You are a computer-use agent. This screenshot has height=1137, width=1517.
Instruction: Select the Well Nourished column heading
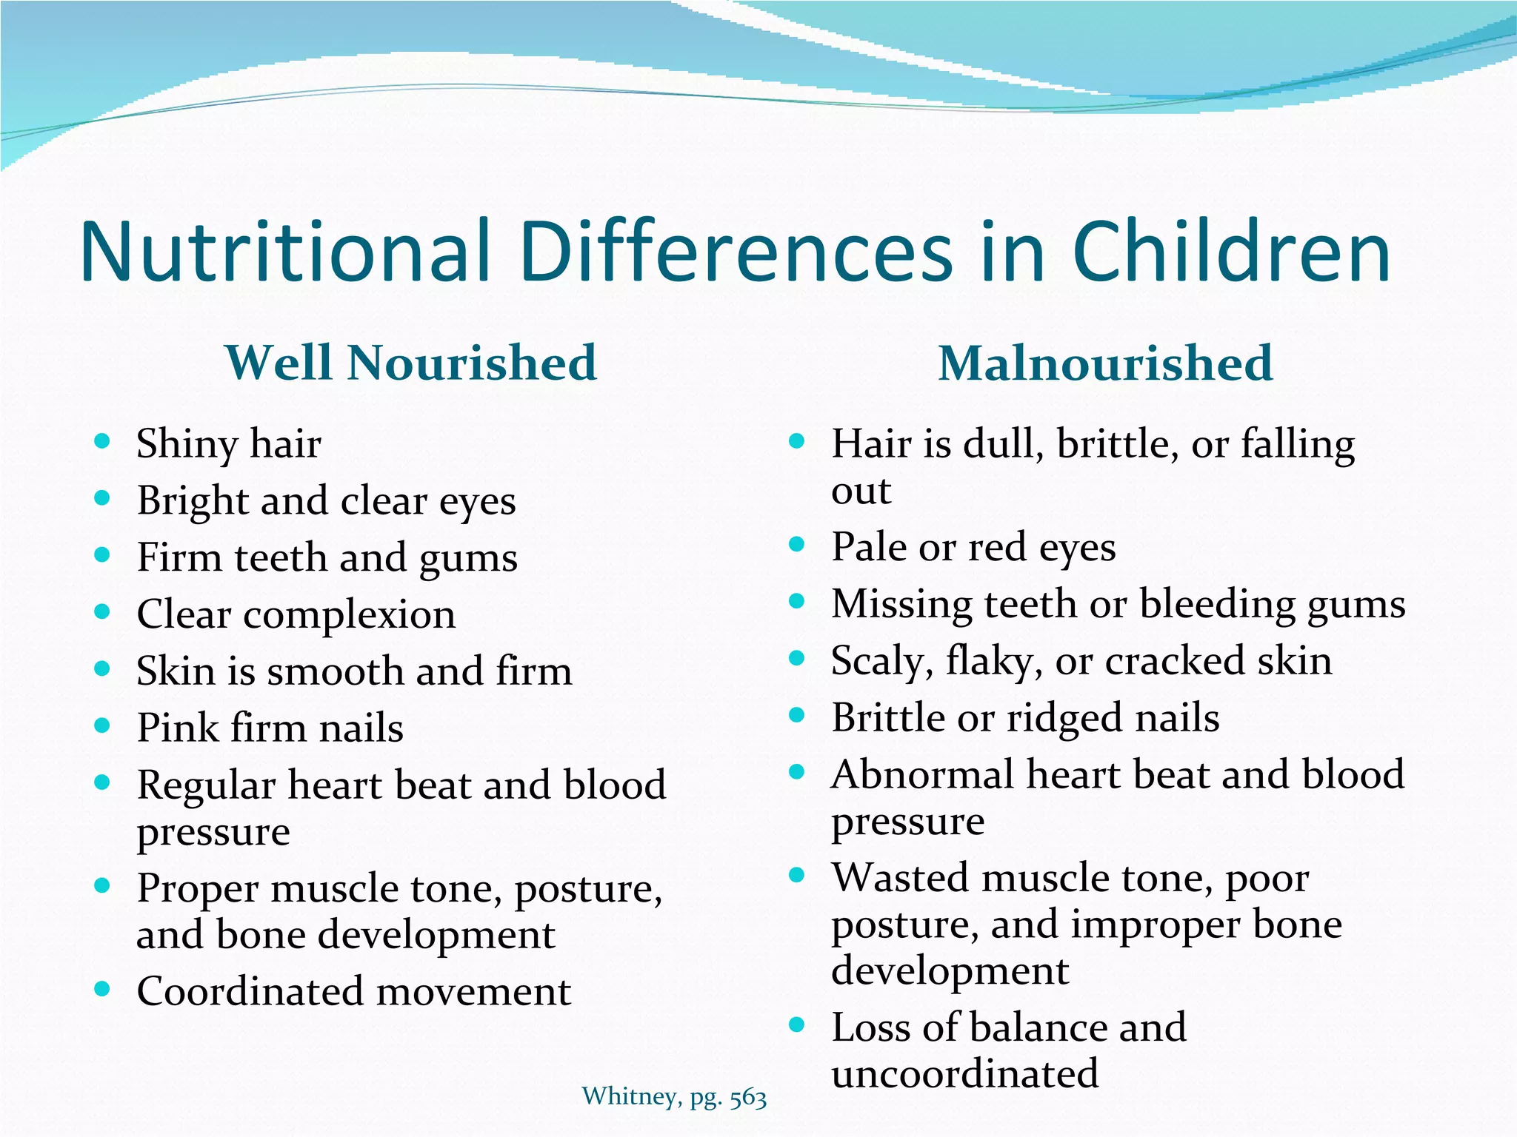tap(411, 363)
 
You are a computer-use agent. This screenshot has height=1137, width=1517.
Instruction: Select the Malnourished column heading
tap(1105, 363)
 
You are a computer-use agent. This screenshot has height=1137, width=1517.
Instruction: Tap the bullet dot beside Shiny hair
tap(102, 442)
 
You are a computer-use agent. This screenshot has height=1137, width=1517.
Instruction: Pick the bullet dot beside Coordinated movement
tap(102, 989)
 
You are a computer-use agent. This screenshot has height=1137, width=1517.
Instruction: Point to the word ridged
tap(1061, 719)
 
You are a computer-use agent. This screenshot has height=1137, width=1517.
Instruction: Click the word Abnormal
tap(922, 775)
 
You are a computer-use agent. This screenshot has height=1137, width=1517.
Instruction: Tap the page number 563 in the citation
tap(747, 1097)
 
